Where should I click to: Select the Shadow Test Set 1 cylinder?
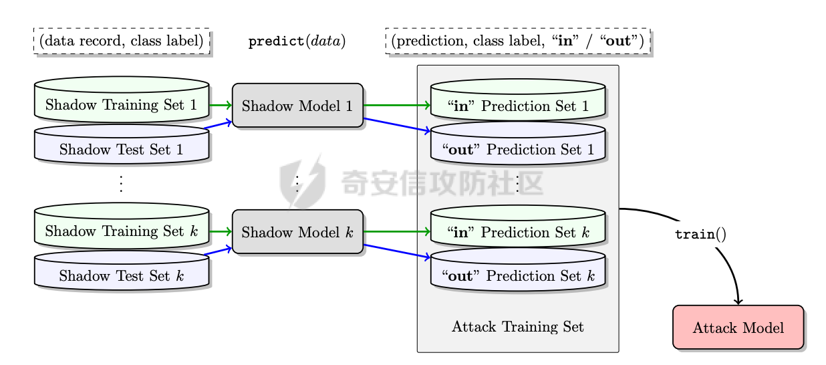pyautogui.click(x=121, y=148)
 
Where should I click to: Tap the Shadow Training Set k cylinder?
pyautogui.click(x=121, y=231)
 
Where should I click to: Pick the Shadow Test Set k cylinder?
pyautogui.click(x=121, y=275)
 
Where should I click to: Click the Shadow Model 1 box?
pyautogui.click(x=297, y=106)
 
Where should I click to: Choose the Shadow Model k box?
pyautogui.click(x=297, y=232)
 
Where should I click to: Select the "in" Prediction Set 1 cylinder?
pyautogui.click(x=518, y=105)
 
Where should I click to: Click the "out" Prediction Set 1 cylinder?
pyautogui.click(x=518, y=148)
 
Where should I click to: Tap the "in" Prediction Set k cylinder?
pyautogui.click(x=518, y=231)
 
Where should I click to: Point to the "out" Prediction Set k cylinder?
pyautogui.click(x=518, y=275)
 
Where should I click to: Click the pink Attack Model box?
pyautogui.click(x=738, y=328)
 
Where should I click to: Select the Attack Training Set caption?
pyautogui.click(x=518, y=327)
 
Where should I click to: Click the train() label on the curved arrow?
pyautogui.click(x=700, y=235)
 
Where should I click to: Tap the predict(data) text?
pyautogui.click(x=297, y=41)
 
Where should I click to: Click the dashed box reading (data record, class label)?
pyautogui.click(x=122, y=41)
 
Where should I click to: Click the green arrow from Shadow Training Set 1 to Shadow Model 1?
pyautogui.click(x=221, y=105)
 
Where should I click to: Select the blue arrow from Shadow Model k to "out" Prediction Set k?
pyautogui.click(x=397, y=251)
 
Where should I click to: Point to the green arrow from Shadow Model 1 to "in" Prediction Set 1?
pyautogui.click(x=397, y=105)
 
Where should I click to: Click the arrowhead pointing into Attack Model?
pyautogui.click(x=738, y=302)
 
